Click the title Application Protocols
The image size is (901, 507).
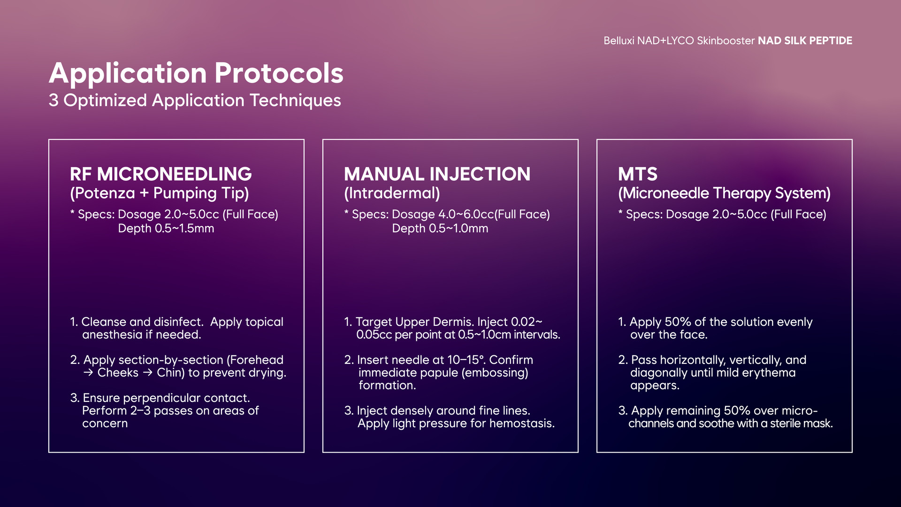pos(196,73)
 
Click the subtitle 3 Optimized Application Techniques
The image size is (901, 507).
pos(195,100)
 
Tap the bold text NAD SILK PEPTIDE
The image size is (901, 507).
pos(805,41)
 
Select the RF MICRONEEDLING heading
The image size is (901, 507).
pos(161,174)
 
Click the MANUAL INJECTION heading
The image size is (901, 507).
pos(437,174)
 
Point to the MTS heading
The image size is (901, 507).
pos(638,174)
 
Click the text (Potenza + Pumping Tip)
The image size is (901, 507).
pos(160,193)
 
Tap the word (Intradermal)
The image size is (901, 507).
pos(392,193)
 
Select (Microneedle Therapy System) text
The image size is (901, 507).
pos(725,193)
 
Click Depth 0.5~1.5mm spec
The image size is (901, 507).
pos(166,229)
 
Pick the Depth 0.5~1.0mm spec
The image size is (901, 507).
pos(440,229)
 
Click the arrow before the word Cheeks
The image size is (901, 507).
pos(88,373)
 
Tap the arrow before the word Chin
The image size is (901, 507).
pos(148,373)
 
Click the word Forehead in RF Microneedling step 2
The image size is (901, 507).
pos(255,360)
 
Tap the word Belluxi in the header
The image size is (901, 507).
pos(618,41)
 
